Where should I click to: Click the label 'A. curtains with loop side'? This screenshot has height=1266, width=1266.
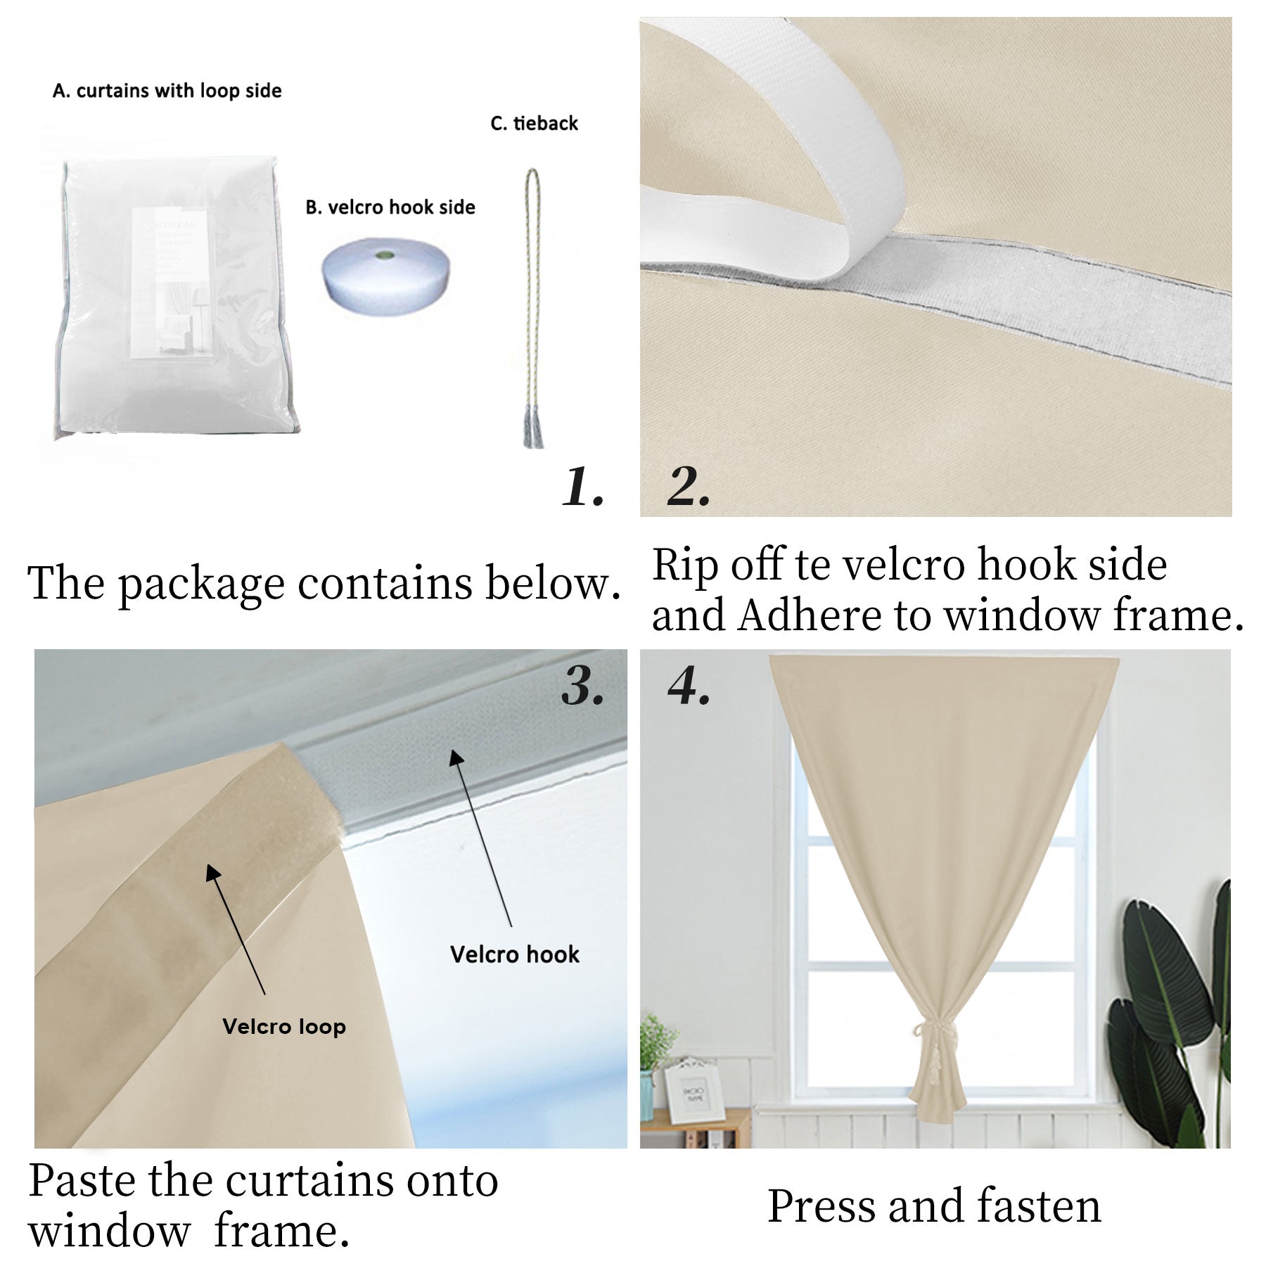coord(167,91)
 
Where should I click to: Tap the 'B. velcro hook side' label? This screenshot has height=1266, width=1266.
coord(390,207)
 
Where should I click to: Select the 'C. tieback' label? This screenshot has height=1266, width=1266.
coord(535,123)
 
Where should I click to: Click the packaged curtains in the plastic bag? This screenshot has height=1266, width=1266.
coord(176,299)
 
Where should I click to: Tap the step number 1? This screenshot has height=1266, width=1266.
coord(583,487)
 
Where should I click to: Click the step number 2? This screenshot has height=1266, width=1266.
coord(689,487)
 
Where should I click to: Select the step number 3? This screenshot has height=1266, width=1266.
coord(583,686)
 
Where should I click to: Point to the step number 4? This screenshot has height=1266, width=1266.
coord(689,686)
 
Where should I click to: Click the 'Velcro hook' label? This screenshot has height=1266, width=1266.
coord(515,954)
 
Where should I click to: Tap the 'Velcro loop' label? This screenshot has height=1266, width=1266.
coord(284,1026)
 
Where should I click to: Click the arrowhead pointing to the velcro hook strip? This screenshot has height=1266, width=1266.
coord(456,757)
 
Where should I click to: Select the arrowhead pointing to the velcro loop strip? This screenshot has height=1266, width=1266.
coord(212,872)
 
